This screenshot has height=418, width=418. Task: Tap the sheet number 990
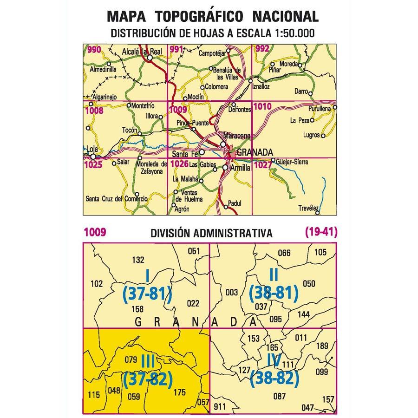94,50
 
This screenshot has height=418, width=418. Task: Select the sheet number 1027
263,163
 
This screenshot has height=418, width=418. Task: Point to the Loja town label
93,149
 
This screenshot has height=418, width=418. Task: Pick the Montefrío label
143,106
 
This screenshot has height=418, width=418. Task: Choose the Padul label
236,202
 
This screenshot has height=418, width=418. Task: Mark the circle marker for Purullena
335,107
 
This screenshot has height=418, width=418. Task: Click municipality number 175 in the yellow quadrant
179,392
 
